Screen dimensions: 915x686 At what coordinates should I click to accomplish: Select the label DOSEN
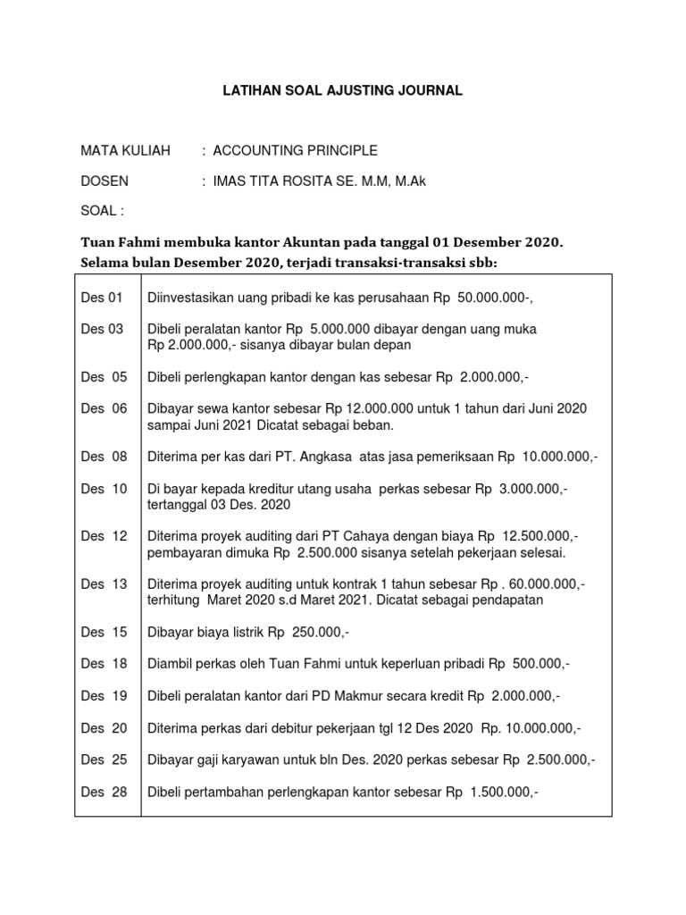pyautogui.click(x=105, y=181)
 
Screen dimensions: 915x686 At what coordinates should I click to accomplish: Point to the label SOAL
pyautogui.click(x=100, y=211)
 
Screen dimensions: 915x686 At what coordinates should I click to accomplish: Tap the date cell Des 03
pyautogui.click(x=103, y=330)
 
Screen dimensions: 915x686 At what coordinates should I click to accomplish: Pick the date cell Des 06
pyautogui.click(x=105, y=408)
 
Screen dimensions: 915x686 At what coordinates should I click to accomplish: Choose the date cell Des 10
pyautogui.click(x=105, y=490)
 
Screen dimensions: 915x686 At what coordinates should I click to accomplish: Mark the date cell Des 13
pyautogui.click(x=105, y=584)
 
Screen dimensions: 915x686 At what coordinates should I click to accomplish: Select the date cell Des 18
pyautogui.click(x=105, y=664)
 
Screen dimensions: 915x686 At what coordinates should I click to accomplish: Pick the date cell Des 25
pyautogui.click(x=105, y=760)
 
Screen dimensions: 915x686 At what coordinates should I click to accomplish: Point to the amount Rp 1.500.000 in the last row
pyautogui.click(x=500, y=792)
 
